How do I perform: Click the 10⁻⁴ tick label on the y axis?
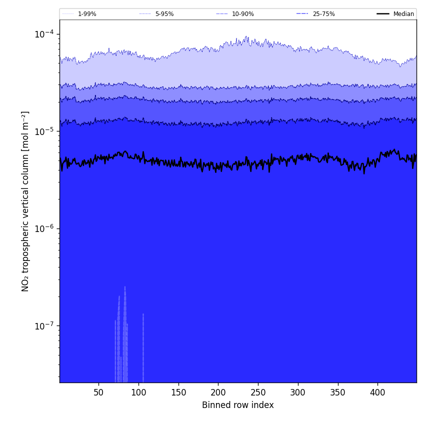[44, 34]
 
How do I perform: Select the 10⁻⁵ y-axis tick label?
[44, 131]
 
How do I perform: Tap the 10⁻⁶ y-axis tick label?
[44, 228]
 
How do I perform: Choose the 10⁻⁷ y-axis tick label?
[44, 326]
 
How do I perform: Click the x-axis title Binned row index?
[238, 405]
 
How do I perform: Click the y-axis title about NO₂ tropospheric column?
[25, 201]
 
